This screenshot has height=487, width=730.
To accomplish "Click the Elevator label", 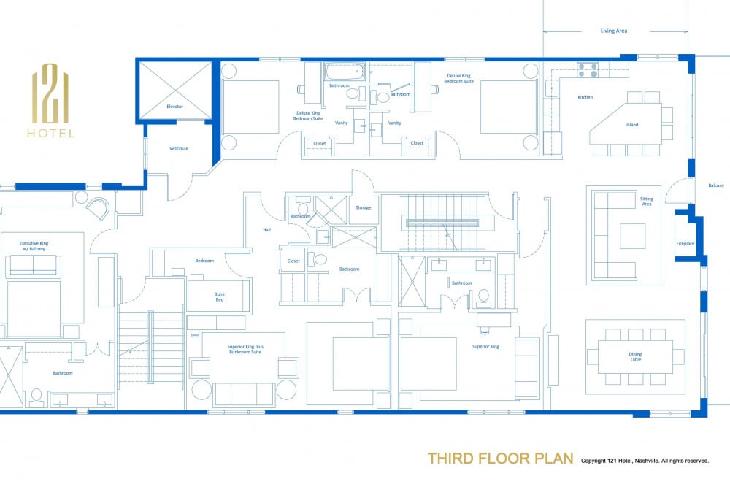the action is click(174, 107).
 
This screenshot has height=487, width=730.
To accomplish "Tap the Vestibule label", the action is click(179, 148).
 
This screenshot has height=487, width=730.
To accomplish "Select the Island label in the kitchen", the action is click(632, 125).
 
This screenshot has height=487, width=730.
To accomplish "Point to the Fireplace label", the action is click(685, 244).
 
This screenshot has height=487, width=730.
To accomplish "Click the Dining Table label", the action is click(636, 356).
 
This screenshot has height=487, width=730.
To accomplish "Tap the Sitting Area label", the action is click(647, 201).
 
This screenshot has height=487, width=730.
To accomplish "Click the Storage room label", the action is click(363, 207).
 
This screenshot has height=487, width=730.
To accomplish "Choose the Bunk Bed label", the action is click(219, 297).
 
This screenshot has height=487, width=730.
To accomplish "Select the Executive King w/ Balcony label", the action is click(34, 246).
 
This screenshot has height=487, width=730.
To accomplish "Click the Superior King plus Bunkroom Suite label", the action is click(245, 349).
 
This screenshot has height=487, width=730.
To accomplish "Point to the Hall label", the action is click(266, 229).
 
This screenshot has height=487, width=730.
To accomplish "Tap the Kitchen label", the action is click(585, 97).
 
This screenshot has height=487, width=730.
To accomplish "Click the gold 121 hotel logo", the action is click(51, 101).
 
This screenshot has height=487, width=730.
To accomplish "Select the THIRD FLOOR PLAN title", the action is click(501, 459).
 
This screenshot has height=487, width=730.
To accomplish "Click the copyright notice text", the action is click(645, 461).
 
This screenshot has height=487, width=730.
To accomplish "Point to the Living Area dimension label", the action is click(614, 31).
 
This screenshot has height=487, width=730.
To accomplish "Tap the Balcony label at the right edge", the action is click(716, 185).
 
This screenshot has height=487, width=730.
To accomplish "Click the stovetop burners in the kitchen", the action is click(588, 70).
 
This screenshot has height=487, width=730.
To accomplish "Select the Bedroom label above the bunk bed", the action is click(204, 261).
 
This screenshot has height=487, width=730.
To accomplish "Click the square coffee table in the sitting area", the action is click(632, 236).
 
